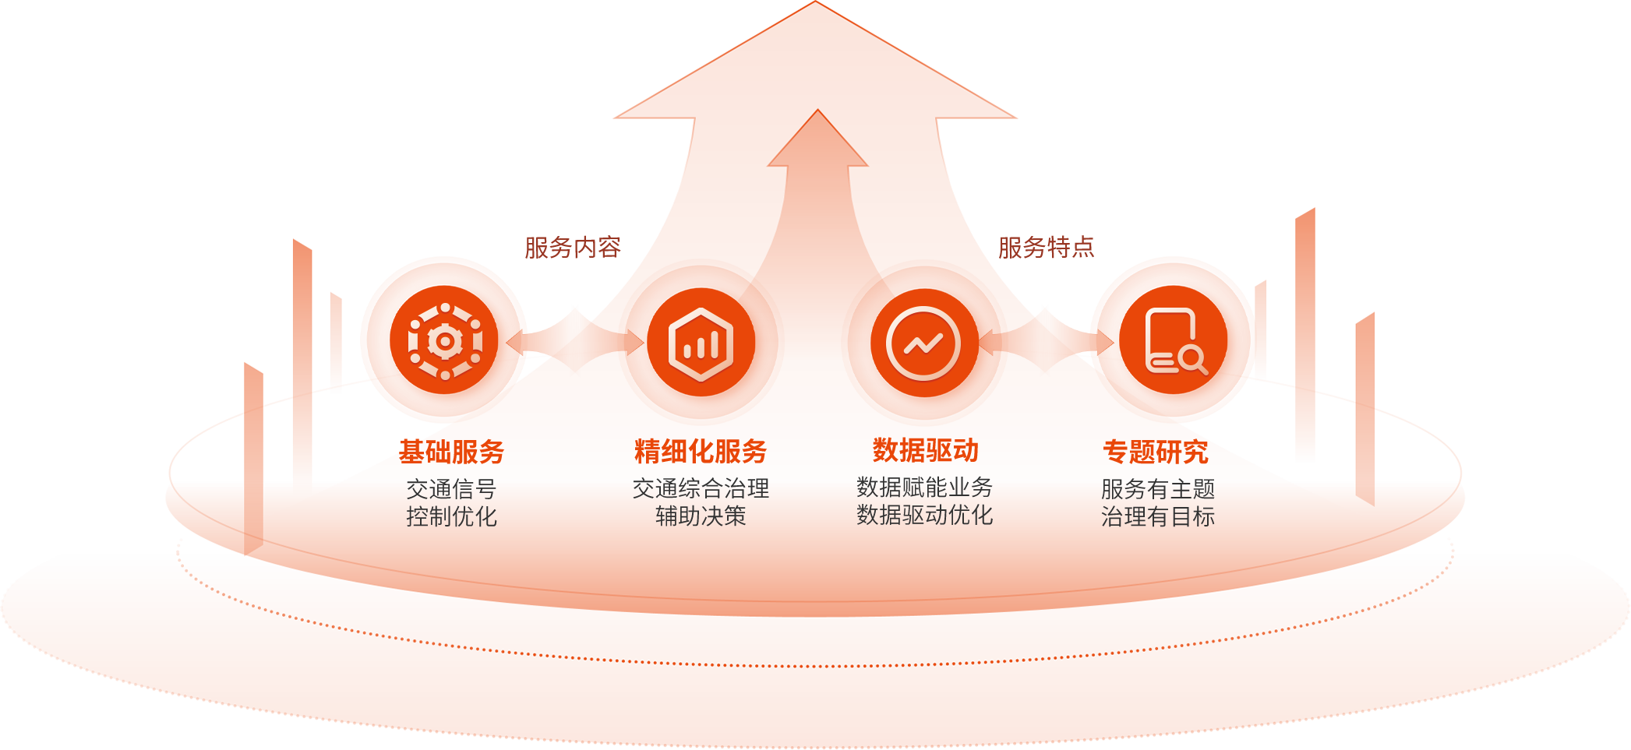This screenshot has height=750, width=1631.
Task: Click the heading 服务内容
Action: pos(573,248)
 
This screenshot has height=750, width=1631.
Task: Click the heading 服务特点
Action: pos(1047,248)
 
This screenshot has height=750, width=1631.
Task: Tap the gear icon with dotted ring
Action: pos(445,341)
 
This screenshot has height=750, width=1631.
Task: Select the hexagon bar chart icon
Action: pos(701,344)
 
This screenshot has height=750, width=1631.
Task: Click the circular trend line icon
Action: pos(923,343)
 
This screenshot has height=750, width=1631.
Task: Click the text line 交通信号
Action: pos(451,489)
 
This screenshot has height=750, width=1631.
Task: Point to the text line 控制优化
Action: pos(451,516)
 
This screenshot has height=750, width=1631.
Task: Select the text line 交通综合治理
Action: pos(701,488)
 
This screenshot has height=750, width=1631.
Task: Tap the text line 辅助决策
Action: pos(701,516)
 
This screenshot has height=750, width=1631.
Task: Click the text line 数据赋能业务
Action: pos(924,488)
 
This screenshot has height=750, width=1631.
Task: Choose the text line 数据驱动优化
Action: pos(924,515)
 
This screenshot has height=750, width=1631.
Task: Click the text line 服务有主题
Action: pos(1158,489)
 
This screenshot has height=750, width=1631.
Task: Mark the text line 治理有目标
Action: pos(1158,516)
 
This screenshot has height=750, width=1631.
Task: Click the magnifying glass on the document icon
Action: pos(1191,359)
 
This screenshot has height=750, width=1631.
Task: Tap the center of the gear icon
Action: pos(445,341)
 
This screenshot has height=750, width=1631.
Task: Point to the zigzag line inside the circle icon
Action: pos(923,343)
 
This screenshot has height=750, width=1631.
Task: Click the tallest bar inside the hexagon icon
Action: pos(714,345)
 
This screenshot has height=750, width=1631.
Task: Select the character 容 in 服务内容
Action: pos(609,248)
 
